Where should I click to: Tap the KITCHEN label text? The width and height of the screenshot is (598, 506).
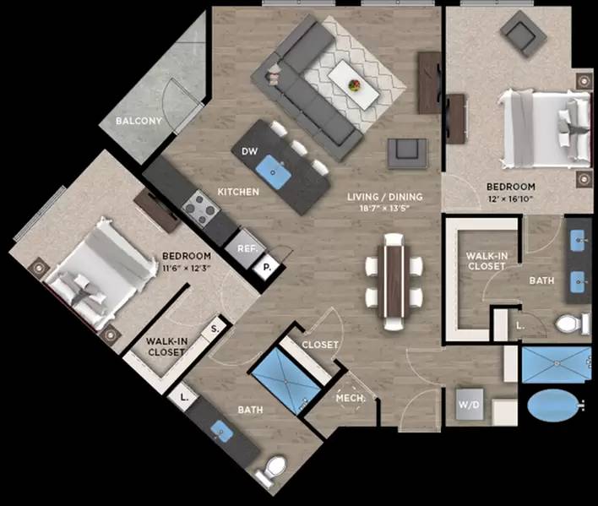coord(238,192)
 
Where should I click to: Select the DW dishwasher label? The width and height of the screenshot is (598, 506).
coord(248,151)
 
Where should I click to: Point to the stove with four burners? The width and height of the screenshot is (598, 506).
coord(200,204)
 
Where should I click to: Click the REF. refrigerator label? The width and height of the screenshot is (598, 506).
coord(246,249)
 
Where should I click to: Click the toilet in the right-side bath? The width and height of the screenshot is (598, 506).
coord(574,323)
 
